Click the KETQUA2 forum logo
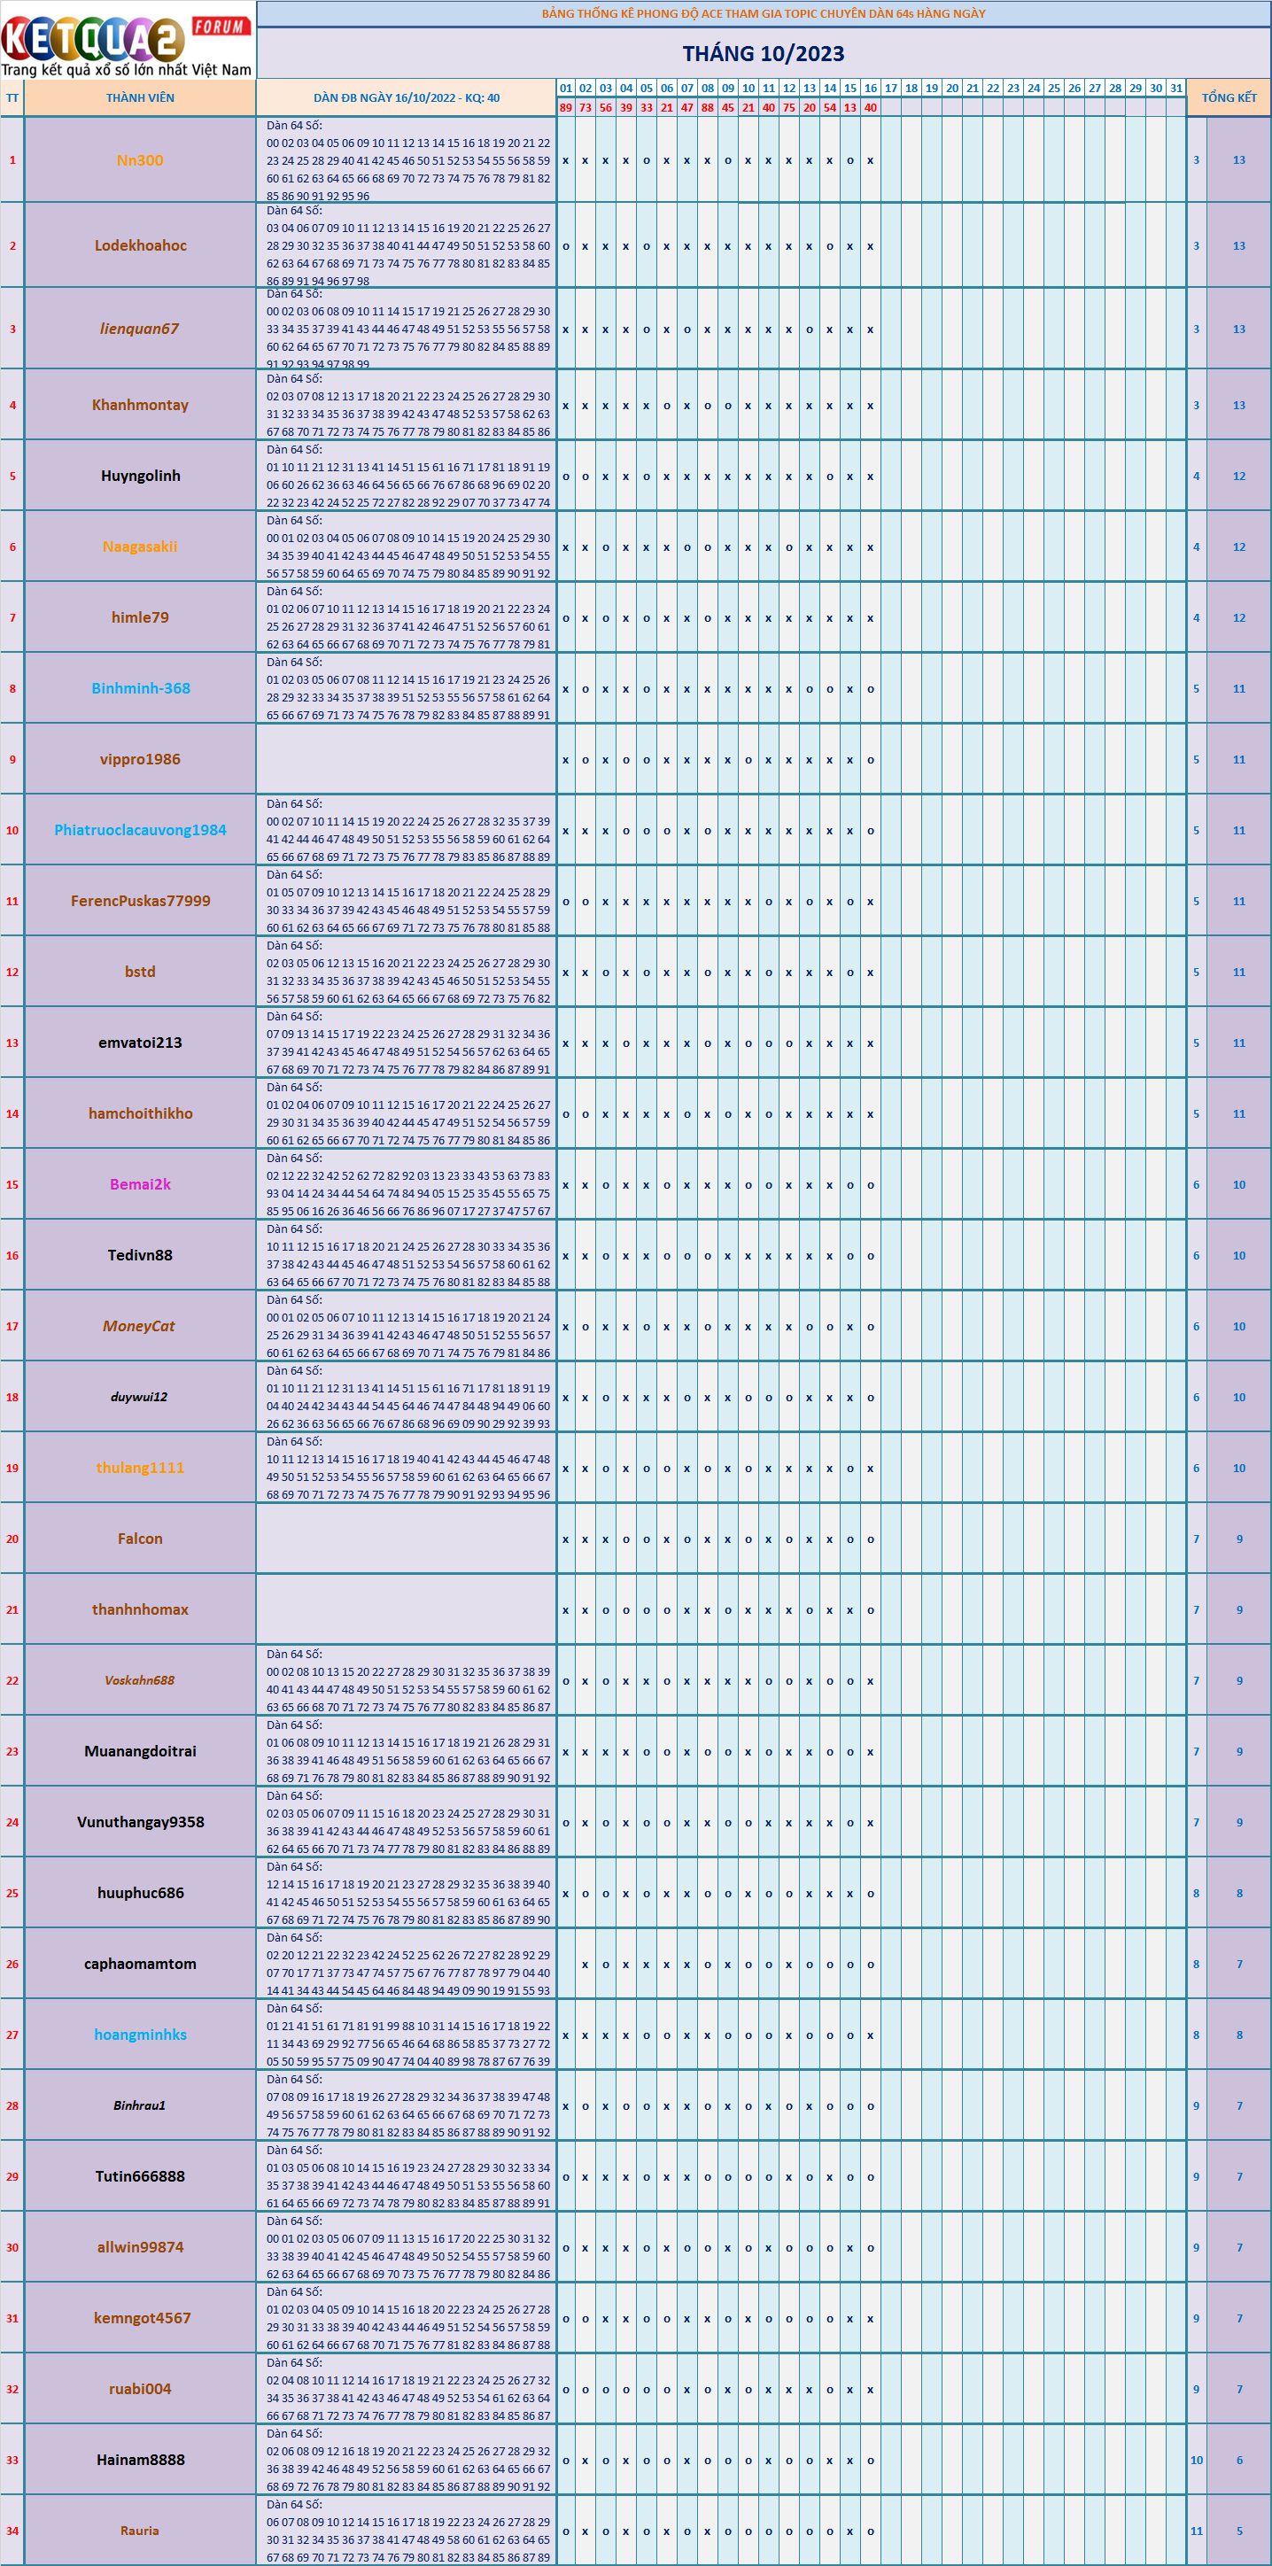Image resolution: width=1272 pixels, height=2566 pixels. [127, 40]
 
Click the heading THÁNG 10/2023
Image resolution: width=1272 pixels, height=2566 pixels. [763, 54]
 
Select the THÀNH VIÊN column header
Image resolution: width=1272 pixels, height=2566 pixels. [141, 97]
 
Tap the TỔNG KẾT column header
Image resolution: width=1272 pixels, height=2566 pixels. [1229, 97]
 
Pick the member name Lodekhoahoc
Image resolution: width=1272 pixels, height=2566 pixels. [141, 246]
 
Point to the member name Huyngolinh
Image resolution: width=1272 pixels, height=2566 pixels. [141, 477]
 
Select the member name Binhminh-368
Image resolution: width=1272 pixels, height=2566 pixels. [141, 688]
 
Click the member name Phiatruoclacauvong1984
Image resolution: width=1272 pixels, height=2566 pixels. [141, 830]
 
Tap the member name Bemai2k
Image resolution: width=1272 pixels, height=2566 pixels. [141, 1184]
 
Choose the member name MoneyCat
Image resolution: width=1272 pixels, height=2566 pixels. [138, 1326]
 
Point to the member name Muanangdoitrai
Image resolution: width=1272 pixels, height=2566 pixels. [141, 1750]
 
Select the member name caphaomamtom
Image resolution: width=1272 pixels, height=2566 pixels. [141, 1964]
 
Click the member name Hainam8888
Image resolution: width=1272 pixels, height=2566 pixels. [141, 2460]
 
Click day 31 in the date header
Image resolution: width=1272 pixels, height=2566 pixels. [1176, 88]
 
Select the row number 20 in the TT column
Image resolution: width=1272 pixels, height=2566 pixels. [12, 1539]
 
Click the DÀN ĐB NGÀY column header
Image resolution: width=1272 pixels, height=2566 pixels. [407, 97]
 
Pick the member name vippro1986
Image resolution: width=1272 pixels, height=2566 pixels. [141, 759]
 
